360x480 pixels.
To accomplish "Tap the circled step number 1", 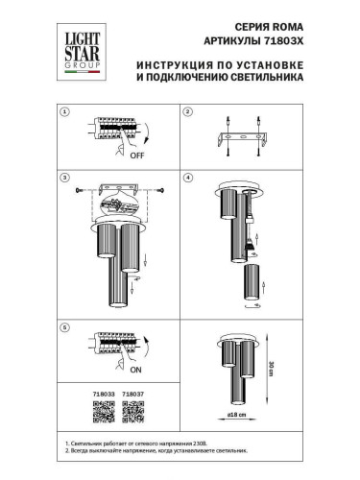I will (65, 113).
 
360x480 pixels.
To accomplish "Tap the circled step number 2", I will (188, 113).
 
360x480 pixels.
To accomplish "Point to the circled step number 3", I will (65, 179).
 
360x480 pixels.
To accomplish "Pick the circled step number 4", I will (188, 179).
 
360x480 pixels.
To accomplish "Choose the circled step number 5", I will (65, 328).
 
